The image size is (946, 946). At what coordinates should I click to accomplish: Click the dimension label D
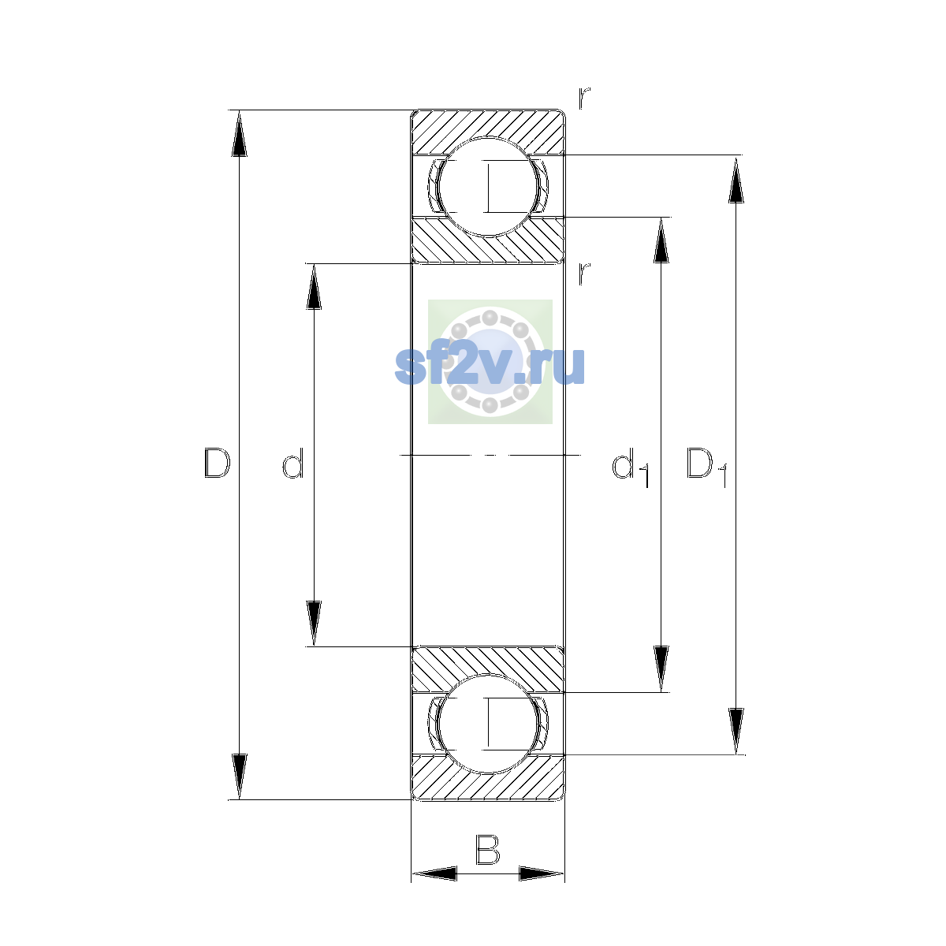pyautogui.click(x=217, y=463)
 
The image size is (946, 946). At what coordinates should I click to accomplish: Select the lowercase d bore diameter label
pyautogui.click(x=293, y=463)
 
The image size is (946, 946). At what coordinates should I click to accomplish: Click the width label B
pyautogui.click(x=487, y=849)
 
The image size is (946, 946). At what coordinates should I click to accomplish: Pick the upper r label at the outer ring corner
pyautogui.click(x=583, y=98)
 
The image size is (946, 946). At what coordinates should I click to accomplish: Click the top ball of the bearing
pyautogui.click(x=488, y=187)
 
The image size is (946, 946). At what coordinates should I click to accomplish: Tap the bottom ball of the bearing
pyautogui.click(x=488, y=724)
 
